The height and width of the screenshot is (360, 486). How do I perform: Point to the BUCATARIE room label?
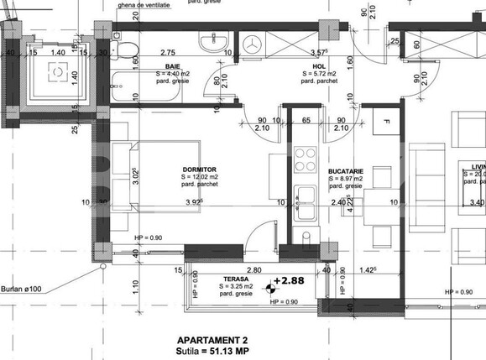tap(345, 169)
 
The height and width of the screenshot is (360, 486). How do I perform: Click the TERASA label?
tap(236, 279)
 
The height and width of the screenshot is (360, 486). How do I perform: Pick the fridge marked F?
tap(386, 124)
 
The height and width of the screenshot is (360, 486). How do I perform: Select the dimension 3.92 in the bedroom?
tap(194, 202)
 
